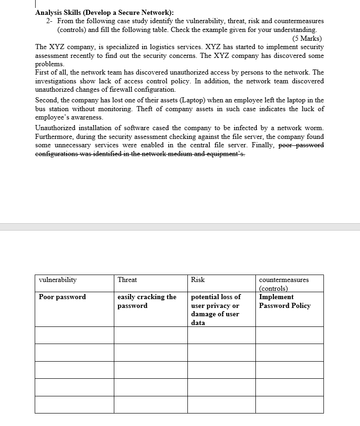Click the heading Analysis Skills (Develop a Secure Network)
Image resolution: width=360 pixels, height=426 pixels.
[104, 13]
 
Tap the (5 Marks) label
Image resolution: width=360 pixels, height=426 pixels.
[307, 38]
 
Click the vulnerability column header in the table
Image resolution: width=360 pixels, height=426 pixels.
[58, 280]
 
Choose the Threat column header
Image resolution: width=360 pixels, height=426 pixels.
[127, 280]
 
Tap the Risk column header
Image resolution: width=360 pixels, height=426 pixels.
[198, 280]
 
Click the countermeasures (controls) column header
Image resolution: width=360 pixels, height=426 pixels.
[284, 284]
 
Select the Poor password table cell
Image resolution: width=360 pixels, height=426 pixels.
[62, 297]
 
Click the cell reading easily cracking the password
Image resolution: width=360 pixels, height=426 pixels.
[147, 301]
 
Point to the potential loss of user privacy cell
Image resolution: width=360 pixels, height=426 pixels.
[216, 309]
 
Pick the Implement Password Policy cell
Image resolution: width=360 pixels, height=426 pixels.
[285, 301]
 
